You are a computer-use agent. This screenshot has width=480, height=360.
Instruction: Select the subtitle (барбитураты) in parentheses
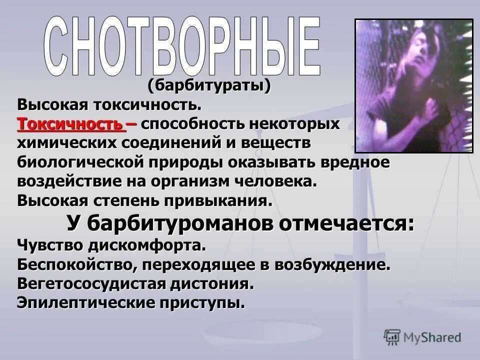point(209,86)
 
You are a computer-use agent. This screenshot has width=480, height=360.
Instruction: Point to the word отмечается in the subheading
point(346,223)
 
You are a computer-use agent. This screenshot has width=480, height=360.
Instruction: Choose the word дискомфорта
point(147,245)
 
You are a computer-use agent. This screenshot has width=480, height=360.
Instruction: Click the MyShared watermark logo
point(422,337)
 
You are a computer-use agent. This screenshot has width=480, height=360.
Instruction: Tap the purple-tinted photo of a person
point(413,85)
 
